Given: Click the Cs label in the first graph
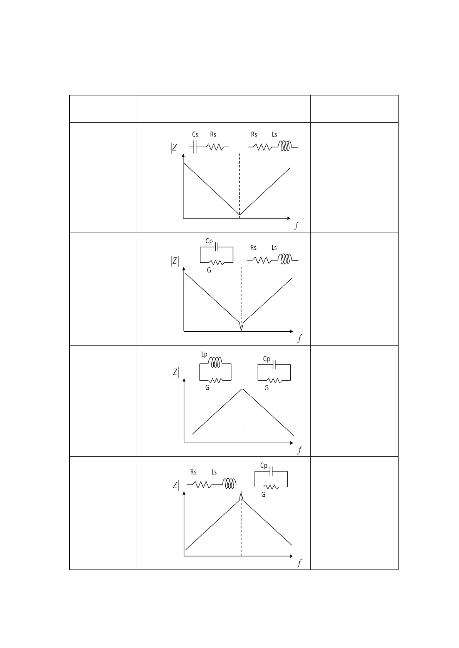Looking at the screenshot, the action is point(195,134).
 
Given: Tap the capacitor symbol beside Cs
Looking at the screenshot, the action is point(195,147).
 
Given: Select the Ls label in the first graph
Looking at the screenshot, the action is point(274,134).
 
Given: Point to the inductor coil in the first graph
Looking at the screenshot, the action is point(285,146).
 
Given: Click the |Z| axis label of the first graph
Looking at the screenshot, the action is point(175,148).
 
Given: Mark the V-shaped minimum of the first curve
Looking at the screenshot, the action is point(240,214).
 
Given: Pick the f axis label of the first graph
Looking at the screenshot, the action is point(296,226).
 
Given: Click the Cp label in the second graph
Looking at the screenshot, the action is point(209,241).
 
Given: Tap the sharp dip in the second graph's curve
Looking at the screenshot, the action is point(241,328).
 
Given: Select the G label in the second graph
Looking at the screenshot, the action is point(209,270).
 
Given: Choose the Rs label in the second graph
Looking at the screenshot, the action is point(253,248).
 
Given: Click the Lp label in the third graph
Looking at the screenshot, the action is point(204,354).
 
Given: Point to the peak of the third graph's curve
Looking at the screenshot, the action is point(242,389).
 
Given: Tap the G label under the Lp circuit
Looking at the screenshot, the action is point(208,387).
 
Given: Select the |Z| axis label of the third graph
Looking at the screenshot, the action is point(175,372).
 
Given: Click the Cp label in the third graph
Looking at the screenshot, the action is point(266,359).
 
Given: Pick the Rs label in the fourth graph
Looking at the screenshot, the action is point(193,472).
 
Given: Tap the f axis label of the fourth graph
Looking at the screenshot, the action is point(299,563).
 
